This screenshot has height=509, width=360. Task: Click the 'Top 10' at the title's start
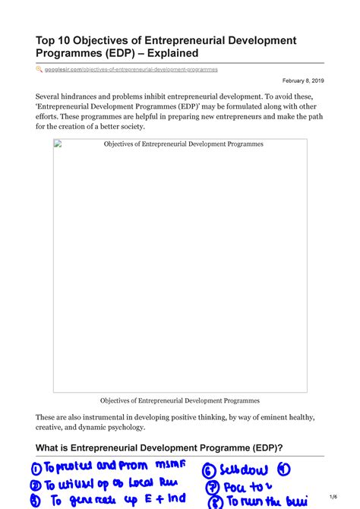pos(51,40)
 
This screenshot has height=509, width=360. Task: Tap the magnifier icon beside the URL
pos(39,69)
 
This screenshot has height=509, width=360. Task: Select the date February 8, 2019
pos(303,81)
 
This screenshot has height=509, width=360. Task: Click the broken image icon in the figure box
pos(57,144)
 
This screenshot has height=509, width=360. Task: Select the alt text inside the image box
pos(183,144)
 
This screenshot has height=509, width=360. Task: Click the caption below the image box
pos(180,400)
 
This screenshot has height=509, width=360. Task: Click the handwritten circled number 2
pos(35,484)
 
